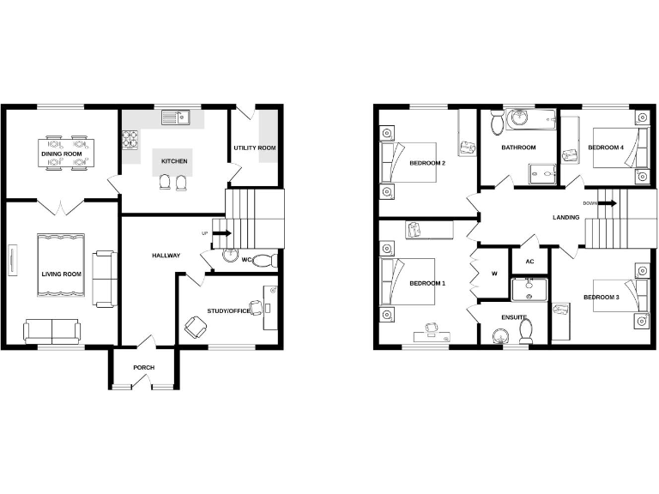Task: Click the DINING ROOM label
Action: (61, 154)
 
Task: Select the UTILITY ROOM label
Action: (255, 148)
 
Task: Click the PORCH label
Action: (143, 368)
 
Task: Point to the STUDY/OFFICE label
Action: (229, 310)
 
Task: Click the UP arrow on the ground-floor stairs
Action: (220, 232)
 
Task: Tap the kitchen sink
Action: (183, 118)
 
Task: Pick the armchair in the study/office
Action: (196, 326)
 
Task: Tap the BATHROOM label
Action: (518, 148)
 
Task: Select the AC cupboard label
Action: (529, 262)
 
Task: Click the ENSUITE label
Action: (514, 316)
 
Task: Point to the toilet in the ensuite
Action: (528, 328)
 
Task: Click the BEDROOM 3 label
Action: (601, 298)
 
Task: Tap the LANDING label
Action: (566, 217)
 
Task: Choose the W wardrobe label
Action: (493, 274)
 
